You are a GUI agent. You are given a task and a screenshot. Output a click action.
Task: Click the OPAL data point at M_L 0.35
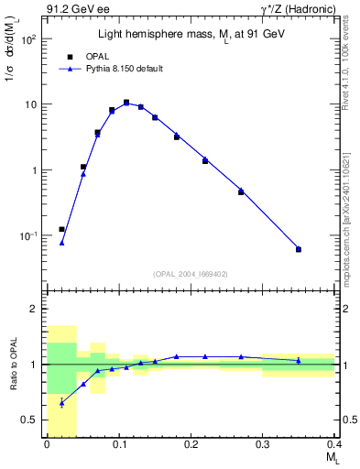point(299,249)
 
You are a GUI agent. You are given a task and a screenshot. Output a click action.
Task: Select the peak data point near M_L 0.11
point(126,103)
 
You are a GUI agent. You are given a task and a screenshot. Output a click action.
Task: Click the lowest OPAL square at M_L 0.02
point(61,229)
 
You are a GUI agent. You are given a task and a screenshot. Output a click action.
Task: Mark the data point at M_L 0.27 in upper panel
point(241,191)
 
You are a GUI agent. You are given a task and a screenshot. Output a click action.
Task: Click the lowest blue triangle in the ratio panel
point(61,402)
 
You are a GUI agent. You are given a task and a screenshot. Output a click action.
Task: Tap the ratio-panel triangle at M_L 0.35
point(299,360)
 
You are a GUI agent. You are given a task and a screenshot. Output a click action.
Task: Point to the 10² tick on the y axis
point(29,39)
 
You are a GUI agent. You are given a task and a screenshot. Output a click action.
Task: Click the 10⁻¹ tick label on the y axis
point(28,235)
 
